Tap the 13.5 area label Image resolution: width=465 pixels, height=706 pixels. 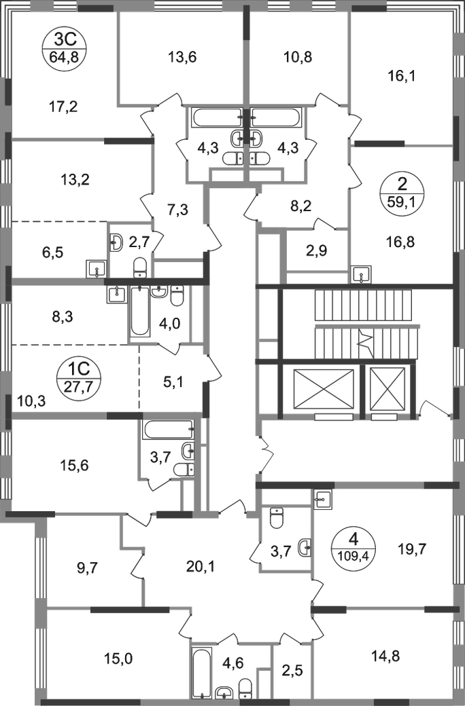tap(182, 57)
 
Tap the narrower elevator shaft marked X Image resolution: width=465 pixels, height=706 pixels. tap(387, 388)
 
